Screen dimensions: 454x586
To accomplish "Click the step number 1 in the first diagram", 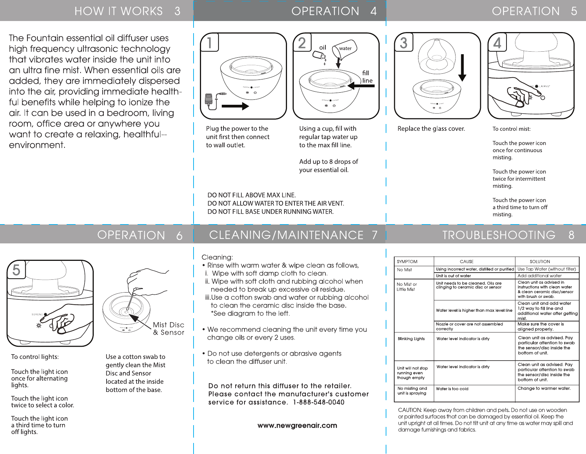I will pos(209,42).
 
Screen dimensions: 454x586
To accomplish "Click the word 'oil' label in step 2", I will pos(323,47).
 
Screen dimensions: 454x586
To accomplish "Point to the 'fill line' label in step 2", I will pos(367,77).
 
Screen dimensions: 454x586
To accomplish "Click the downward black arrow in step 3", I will pos(462,68).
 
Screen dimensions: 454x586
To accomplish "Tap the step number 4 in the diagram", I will pos(497,43).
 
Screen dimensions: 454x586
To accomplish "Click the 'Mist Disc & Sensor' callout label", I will pos(169,329).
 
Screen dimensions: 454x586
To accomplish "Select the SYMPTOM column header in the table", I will pos(407,262).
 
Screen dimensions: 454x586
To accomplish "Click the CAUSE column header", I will pos(467,262).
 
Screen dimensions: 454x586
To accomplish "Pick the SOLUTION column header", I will pos(540,262).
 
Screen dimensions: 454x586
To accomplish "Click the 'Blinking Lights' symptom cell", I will pos(411,339).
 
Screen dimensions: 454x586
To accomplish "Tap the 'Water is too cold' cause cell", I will pos(452,389).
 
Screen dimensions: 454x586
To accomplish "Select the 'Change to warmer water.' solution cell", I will pos(544,388).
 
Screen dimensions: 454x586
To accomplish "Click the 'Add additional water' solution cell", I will pos(540,276).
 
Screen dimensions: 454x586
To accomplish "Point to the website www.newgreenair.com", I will pos(297,425).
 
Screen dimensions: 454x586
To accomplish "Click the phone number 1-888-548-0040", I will pos(319,402).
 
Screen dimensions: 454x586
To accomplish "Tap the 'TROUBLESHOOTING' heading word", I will pos(499,235).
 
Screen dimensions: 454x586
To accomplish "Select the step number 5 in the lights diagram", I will pos(16,270).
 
